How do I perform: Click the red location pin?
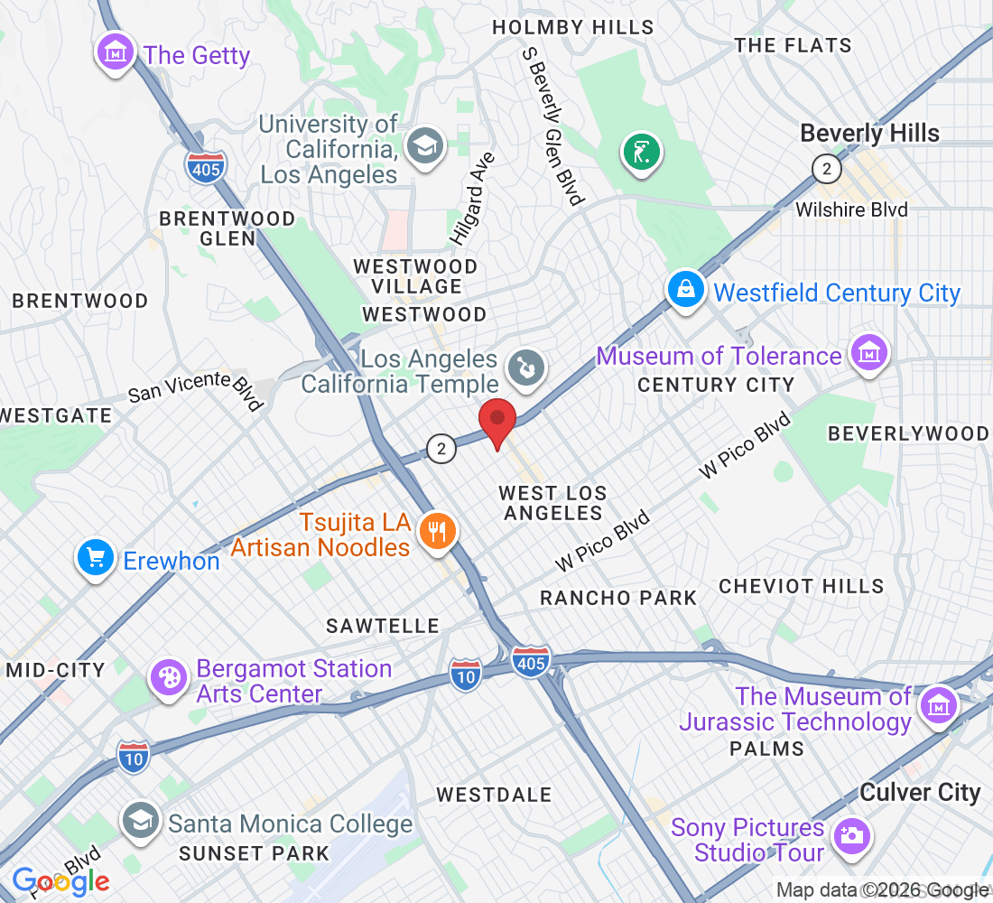[496, 423]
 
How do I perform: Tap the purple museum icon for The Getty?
[115, 53]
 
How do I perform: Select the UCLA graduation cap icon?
[424, 144]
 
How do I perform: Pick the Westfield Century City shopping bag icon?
[686, 291]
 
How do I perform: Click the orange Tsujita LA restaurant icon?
[437, 532]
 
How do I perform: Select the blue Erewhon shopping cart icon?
[97, 559]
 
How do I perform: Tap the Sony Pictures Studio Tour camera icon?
[850, 836]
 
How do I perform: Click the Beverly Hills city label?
[869, 134]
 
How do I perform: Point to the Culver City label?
[919, 793]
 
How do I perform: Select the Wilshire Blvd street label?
[851, 209]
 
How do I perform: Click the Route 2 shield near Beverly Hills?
[826, 169]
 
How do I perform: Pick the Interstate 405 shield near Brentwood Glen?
[206, 166]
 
